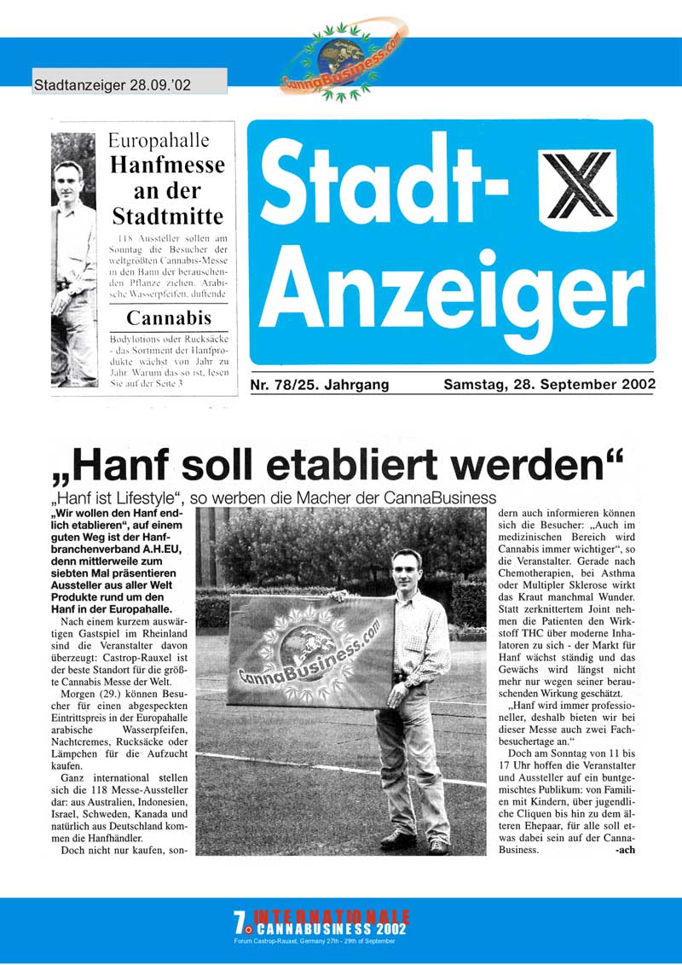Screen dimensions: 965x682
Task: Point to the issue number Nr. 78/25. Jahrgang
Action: pos(320,386)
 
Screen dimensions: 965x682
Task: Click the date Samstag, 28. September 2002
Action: pos(548,385)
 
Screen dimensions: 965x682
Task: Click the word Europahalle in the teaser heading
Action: pos(167,141)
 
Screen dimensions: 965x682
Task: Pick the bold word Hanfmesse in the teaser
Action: pos(167,165)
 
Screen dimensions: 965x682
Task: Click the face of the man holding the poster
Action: pos(406,569)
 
